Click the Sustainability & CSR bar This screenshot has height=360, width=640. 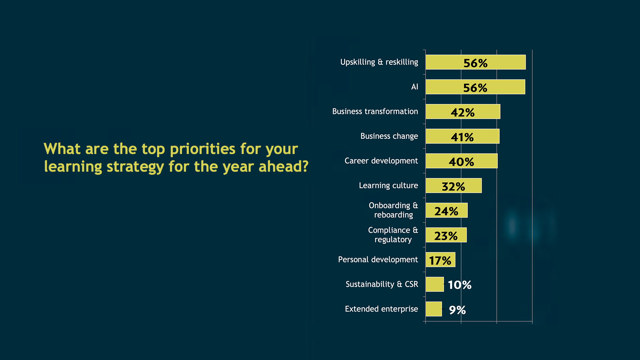tap(434, 284)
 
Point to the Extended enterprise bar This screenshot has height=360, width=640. tap(433, 309)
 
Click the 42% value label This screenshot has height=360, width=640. tap(463, 113)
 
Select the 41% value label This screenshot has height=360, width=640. tap(462, 137)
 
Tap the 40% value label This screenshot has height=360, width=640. tap(461, 162)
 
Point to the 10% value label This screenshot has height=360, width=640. tap(459, 285)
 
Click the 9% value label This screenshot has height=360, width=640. tap(457, 310)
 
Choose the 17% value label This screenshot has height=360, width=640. tap(440, 261)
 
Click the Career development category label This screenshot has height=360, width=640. tap(381, 161)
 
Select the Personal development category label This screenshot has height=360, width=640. tap(378, 260)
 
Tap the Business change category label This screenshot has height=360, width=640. tap(389, 136)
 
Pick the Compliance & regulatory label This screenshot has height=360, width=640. tap(393, 235)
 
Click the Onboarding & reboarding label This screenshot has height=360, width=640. tap(393, 210)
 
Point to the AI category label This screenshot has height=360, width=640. tap(414, 87)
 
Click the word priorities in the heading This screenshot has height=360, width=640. tap(202, 149)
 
